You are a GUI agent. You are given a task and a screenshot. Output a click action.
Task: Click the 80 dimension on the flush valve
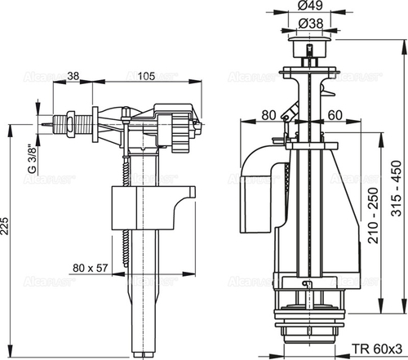click(271, 115)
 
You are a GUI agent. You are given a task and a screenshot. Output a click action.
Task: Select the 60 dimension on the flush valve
click(336, 115)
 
